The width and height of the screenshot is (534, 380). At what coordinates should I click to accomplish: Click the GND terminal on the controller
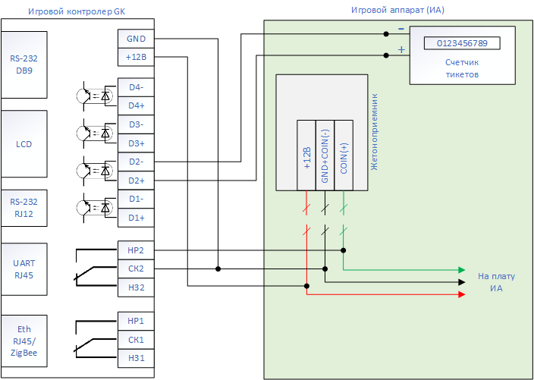(136, 39)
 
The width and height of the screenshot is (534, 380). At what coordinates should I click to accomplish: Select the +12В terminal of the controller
(136, 57)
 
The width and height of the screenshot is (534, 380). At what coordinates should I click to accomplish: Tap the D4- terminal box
(136, 87)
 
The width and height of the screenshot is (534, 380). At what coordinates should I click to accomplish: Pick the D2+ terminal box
(136, 181)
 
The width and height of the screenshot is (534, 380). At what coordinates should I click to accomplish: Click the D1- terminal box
(136, 199)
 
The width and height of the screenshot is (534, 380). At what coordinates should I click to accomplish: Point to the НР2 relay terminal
(136, 250)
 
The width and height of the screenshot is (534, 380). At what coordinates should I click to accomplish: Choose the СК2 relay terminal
(136, 269)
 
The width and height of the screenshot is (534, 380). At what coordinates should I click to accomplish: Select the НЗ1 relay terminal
(136, 358)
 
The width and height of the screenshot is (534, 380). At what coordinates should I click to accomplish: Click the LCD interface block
(24, 143)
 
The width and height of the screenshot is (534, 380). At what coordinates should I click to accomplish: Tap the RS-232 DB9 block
(24, 64)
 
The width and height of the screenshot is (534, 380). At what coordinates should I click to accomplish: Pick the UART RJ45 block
(24, 269)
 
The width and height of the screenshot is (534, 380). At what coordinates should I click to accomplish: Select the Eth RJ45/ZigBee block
(24, 341)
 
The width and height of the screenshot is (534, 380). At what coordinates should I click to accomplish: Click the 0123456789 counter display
(462, 43)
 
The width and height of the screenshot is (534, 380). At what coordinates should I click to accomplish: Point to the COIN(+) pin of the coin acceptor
(344, 155)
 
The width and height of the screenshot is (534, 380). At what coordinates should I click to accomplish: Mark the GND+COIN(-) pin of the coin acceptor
(325, 155)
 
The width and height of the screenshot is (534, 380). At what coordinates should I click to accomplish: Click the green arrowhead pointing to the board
(462, 270)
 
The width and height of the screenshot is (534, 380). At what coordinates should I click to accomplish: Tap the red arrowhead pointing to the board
(462, 294)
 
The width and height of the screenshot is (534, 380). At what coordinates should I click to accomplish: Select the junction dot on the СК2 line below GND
(218, 269)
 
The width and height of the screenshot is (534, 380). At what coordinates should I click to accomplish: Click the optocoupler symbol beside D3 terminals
(94, 133)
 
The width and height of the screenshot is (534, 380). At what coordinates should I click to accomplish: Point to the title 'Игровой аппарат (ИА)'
(397, 10)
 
